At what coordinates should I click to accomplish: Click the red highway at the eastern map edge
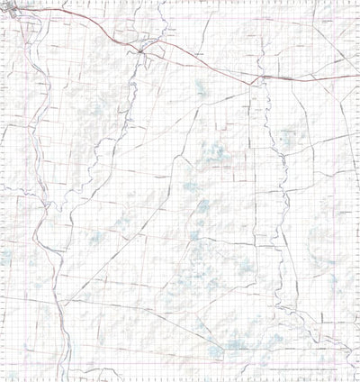(356, 76)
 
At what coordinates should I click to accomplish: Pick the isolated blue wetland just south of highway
(199, 89)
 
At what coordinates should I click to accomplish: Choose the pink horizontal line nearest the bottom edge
(180, 368)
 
